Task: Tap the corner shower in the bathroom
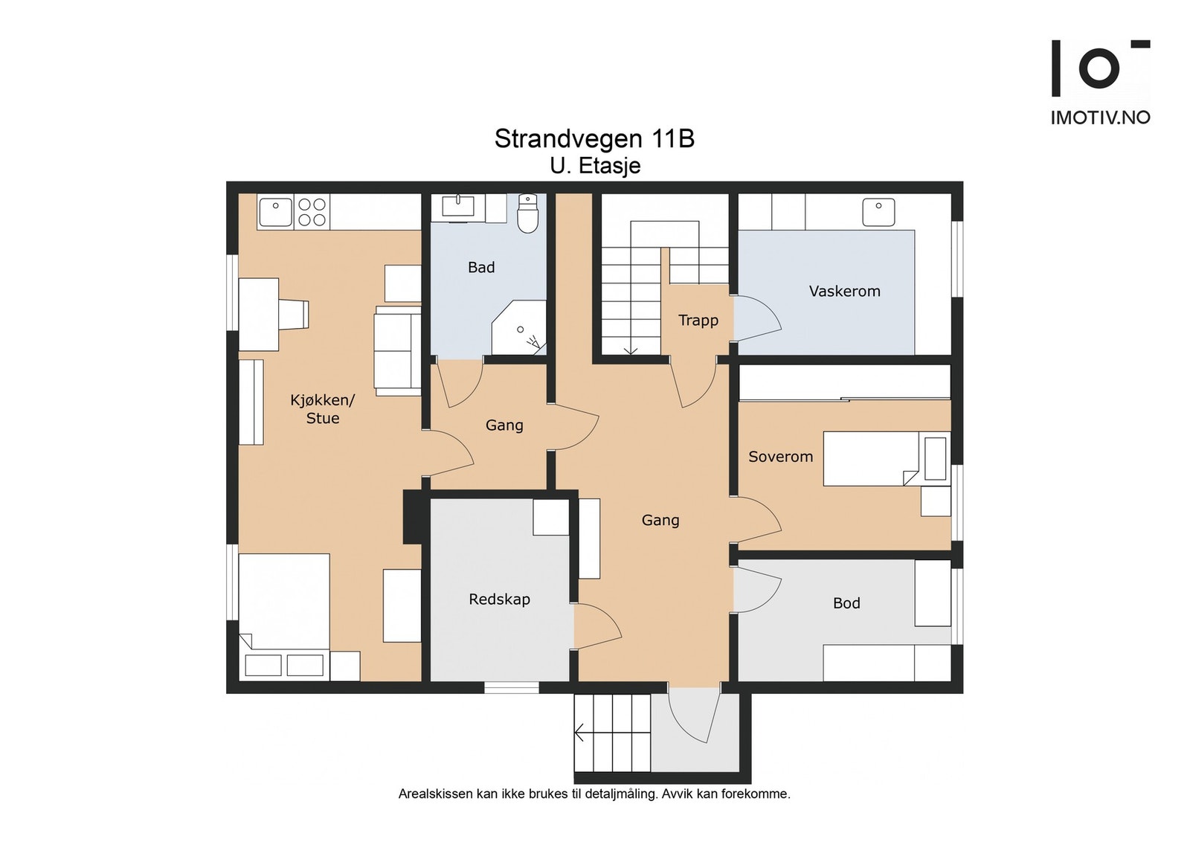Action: coord(519,328)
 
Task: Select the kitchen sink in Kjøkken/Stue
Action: coord(274,212)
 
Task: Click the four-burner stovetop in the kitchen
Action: coord(312,212)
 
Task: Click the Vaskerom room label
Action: coord(845,291)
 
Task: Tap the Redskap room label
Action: coord(499,600)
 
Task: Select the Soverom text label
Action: coord(780,456)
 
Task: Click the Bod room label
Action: coord(846,603)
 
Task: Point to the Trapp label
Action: coord(698,321)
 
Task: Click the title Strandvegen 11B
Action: coord(594,139)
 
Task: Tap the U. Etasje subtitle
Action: coord(595,166)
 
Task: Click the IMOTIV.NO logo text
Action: coord(1100,118)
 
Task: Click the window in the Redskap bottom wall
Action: coord(512,687)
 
